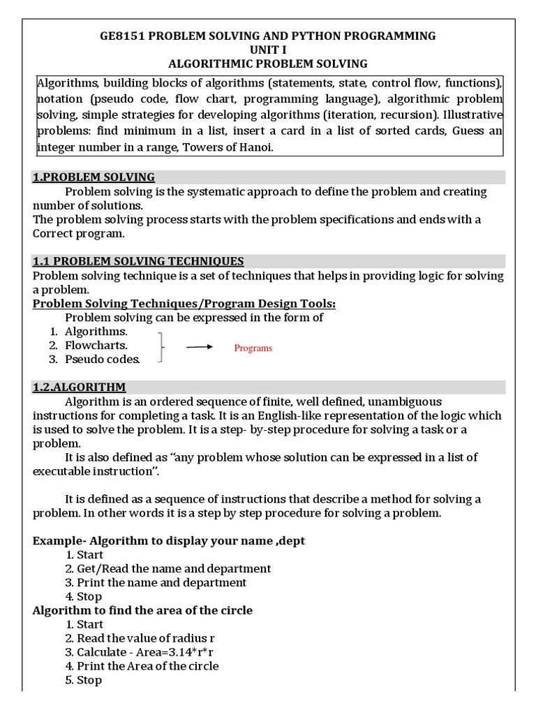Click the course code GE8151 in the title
point(121,36)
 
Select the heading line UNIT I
point(268,50)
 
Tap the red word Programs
point(253,348)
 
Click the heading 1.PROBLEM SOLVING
point(94,177)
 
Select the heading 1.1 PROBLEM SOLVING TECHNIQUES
point(138,261)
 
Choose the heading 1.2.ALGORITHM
point(79,387)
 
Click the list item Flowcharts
point(96,345)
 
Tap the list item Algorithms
point(96,331)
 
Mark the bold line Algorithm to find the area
point(142,610)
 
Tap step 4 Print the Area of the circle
point(147,666)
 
